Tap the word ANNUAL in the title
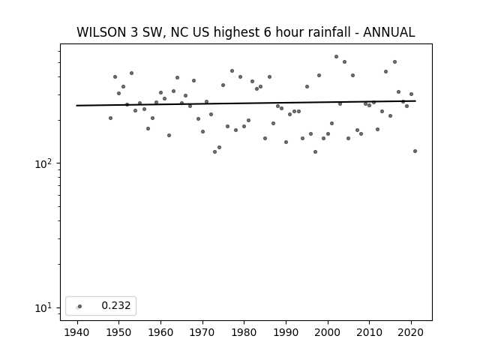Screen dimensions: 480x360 [x=388, y=32]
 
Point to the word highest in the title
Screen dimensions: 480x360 [x=237, y=32]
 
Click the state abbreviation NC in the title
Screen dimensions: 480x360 [x=178, y=32]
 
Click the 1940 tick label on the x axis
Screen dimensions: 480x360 [x=76, y=332]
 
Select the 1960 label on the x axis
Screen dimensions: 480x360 [x=160, y=332]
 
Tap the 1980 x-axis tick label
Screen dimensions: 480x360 [x=244, y=332]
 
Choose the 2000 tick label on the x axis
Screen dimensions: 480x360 [x=327, y=332]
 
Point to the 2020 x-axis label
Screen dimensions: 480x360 [x=411, y=332]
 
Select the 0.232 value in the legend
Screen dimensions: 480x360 [x=116, y=305]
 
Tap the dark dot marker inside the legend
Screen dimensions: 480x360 [x=80, y=306]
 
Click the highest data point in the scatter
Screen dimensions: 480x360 [x=336, y=57]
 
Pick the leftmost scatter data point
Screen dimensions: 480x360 [x=110, y=118]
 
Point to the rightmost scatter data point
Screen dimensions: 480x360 [x=415, y=151]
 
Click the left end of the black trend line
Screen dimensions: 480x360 [x=76, y=106]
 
